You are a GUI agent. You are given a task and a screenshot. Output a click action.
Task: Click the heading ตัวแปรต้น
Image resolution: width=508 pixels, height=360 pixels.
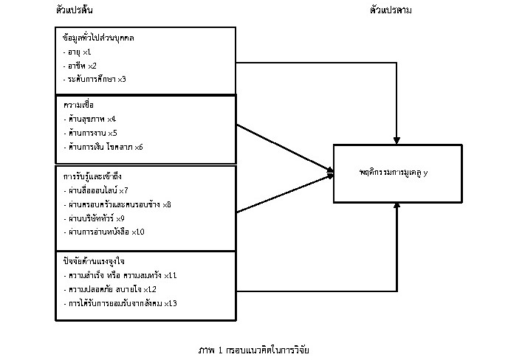(x=74, y=10)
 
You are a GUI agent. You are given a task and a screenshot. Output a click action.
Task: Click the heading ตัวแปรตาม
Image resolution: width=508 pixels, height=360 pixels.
(x=391, y=10)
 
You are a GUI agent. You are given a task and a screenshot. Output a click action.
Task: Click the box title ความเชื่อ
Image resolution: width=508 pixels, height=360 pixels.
(x=78, y=105)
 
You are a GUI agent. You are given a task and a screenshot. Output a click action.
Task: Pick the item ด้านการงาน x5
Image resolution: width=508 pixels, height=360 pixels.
(x=90, y=133)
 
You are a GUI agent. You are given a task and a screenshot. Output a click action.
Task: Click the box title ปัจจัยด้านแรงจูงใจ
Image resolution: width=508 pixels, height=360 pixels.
(x=92, y=261)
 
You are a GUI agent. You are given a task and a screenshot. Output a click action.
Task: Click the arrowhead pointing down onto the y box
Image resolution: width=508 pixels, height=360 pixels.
(x=398, y=140)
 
